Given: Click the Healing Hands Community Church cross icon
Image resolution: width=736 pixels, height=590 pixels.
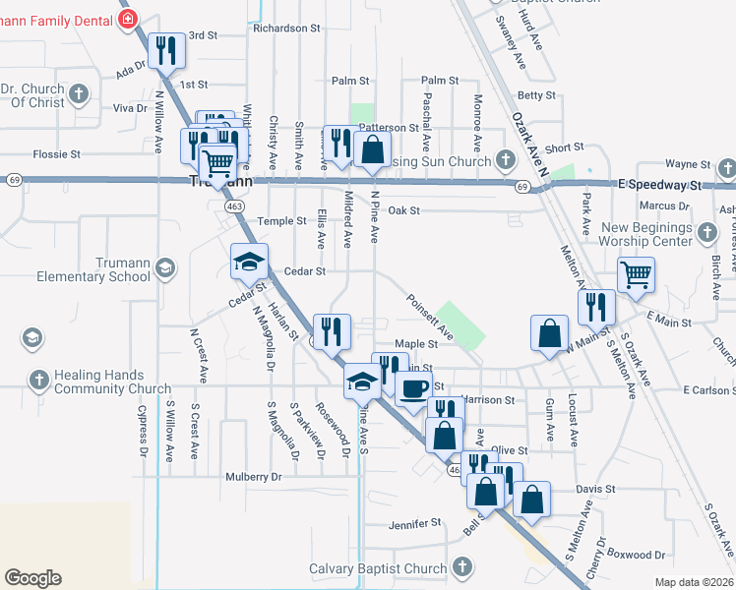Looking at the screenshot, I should (x=38, y=380).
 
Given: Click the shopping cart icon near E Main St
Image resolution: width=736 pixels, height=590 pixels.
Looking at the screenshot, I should (x=637, y=275).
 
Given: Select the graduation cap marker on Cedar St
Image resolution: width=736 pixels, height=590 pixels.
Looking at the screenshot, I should (x=249, y=262).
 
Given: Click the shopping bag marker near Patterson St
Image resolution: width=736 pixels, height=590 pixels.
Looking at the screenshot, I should (x=372, y=151).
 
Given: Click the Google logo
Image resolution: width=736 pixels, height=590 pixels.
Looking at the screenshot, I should (x=32, y=578).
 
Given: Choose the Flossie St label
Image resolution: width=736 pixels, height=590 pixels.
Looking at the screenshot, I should (x=56, y=154).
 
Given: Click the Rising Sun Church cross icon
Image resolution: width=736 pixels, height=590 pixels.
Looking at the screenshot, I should (x=506, y=159).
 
